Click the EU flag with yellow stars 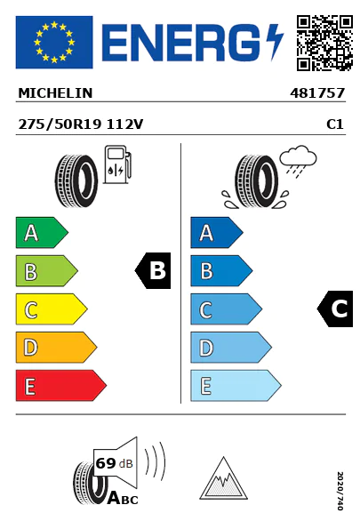[54, 42]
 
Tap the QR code [324, 43]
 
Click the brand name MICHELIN [55, 93]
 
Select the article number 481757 [317, 93]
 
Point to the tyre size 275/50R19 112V [81, 124]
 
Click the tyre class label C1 [335, 124]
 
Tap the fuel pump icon [117, 164]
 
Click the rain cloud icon [298, 161]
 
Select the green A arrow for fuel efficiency [42, 232]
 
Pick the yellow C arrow [52, 309]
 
